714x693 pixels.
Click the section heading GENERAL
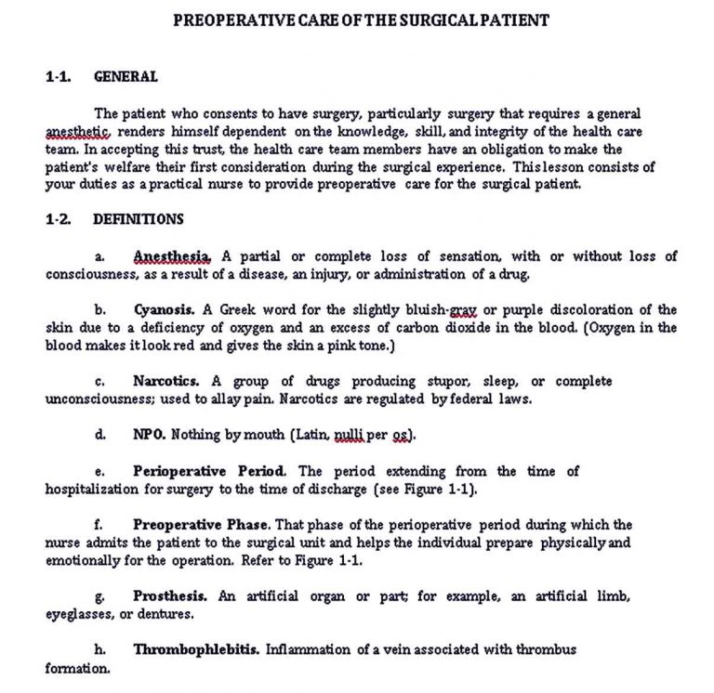[126, 77]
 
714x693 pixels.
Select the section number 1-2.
[59, 220]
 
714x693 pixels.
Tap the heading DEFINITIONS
[139, 220]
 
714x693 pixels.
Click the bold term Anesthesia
[173, 256]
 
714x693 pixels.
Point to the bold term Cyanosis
[165, 310]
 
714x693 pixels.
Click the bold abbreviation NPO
[149, 435]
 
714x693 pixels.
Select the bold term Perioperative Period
[210, 471]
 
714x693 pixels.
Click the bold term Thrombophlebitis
[196, 649]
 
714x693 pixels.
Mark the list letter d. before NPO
[99, 435]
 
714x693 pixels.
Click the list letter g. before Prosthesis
[99, 595]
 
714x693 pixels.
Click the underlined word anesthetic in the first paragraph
[78, 132]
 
